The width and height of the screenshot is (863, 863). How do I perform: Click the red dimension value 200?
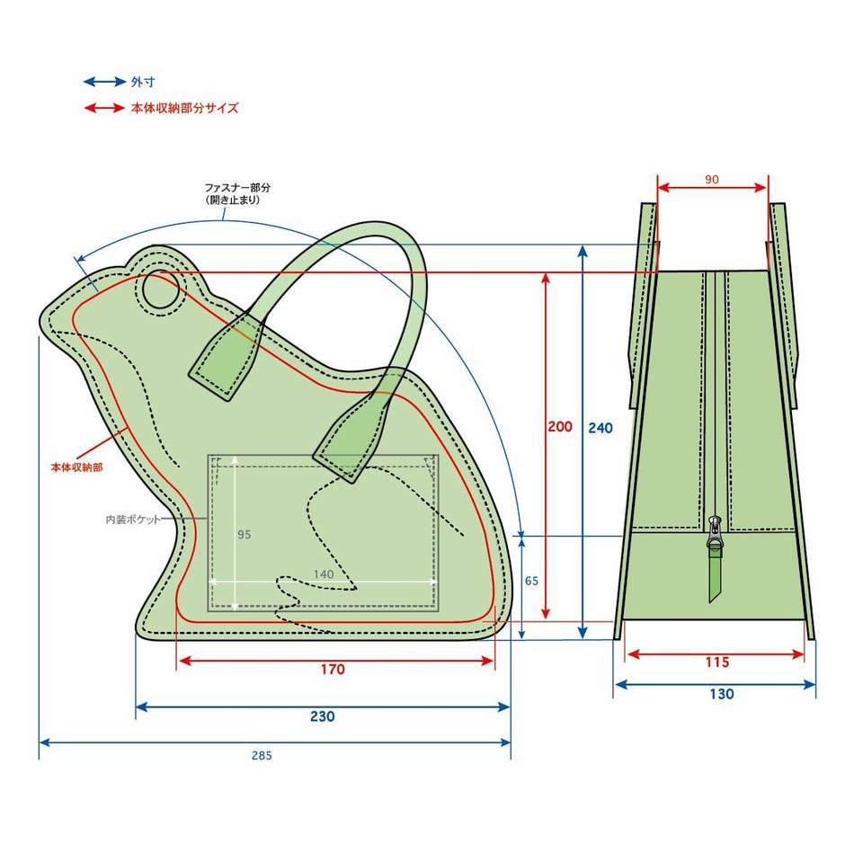[560, 426]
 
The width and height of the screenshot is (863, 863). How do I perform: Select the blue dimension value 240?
[600, 428]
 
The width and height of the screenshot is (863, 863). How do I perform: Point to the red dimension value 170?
[333, 669]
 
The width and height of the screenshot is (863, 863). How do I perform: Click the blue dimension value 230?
[322, 716]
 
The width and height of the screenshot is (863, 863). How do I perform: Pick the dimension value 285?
[262, 756]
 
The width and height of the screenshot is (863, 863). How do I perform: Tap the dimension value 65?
[531, 581]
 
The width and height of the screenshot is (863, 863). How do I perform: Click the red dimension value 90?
[712, 180]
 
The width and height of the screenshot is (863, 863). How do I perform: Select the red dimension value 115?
[717, 663]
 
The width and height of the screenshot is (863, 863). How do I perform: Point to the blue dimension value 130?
[722, 694]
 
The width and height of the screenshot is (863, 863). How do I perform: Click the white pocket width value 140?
[323, 574]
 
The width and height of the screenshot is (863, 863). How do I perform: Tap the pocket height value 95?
[244, 534]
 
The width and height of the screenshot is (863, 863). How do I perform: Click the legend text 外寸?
[143, 82]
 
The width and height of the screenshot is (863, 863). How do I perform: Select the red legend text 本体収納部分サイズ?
[185, 108]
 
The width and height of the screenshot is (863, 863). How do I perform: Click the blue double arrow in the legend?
[104, 82]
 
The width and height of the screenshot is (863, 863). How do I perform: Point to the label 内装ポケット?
[133, 519]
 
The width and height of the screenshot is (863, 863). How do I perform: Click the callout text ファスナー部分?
[237, 188]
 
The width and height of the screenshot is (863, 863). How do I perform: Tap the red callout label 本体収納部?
[77, 467]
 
